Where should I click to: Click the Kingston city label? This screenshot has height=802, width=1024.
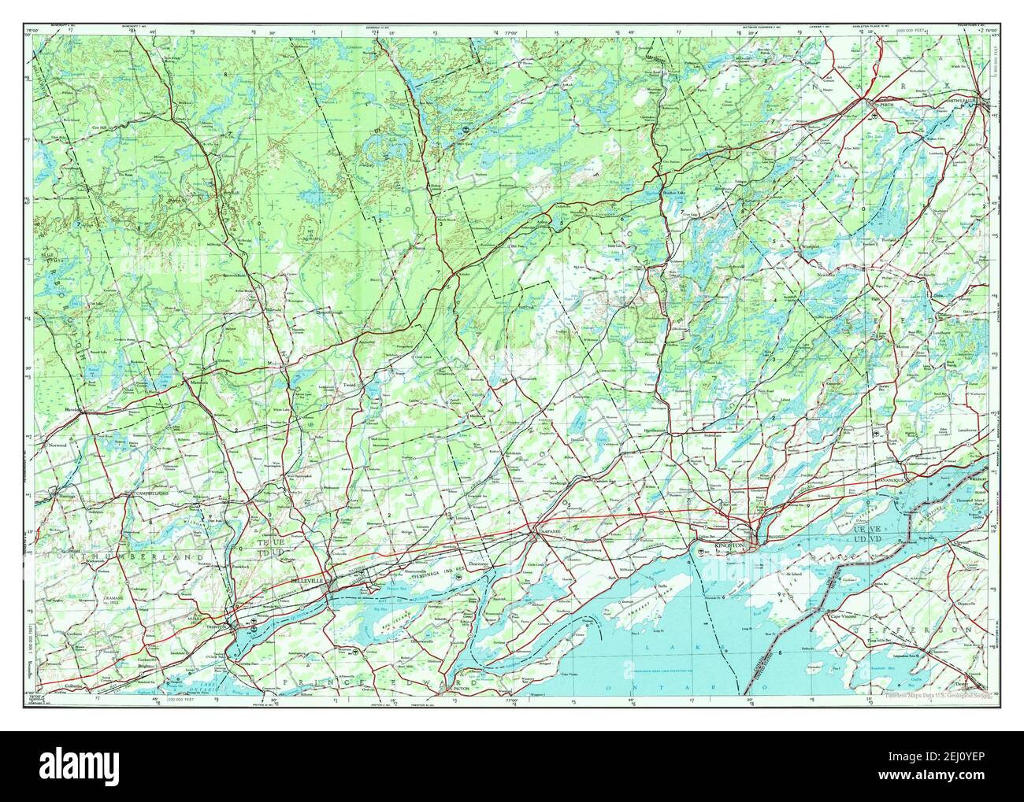(729, 545)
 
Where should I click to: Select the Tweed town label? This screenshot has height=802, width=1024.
(350, 385)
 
